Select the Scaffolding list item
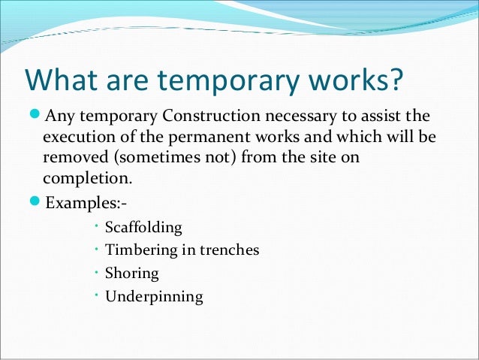143,227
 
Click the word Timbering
140,250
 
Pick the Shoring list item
131,273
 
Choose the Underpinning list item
154,296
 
